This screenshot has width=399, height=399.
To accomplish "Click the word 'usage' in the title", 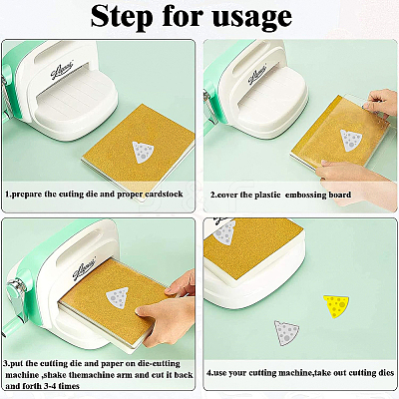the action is [x=252, y=18].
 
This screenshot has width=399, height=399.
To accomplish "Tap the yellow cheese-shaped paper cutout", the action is [x=336, y=305].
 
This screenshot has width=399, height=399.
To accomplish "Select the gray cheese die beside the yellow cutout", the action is [x=286, y=333].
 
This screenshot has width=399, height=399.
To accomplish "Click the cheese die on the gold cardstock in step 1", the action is [x=144, y=152].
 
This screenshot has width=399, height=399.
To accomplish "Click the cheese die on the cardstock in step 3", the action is [x=117, y=298].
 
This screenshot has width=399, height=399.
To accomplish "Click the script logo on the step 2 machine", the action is [x=257, y=76].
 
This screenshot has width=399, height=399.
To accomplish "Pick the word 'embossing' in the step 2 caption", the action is [x=306, y=195].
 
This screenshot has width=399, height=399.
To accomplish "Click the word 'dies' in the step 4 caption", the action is [x=386, y=373].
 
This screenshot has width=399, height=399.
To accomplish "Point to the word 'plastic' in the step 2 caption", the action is [x=267, y=195].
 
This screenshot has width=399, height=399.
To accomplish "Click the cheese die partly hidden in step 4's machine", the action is [x=223, y=232].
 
